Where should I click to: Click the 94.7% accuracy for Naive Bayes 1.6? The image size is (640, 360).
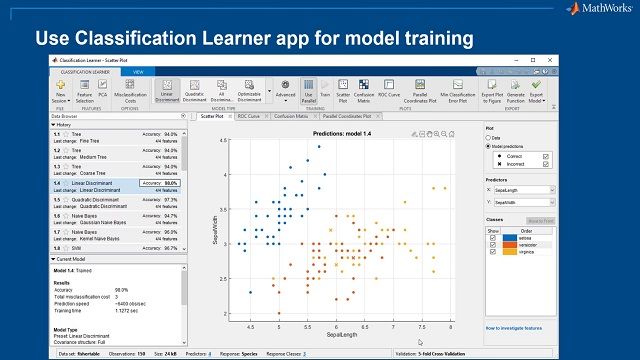coord(163,216)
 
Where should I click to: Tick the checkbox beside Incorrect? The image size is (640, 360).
coord(546,165)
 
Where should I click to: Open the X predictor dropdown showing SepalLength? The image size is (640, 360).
coord(523,188)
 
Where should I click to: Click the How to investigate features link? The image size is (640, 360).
coord(518,328)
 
